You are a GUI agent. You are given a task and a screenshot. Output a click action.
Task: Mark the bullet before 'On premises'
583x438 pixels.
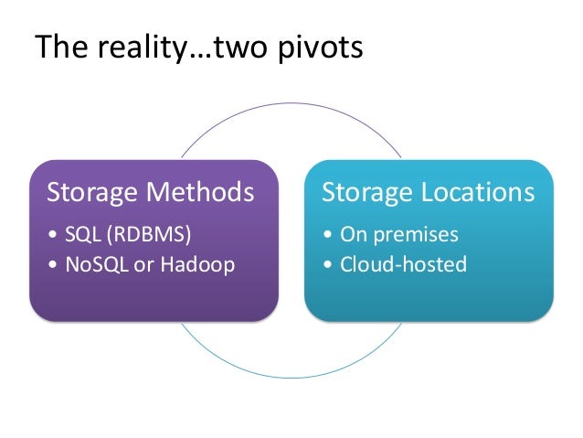pos(327,235)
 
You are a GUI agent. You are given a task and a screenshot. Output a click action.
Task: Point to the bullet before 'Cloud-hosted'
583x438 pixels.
pos(327,266)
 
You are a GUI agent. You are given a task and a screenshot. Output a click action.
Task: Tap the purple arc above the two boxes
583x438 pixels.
pos(291,105)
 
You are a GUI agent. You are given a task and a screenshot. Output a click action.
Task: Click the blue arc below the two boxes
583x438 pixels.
pos(291,374)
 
